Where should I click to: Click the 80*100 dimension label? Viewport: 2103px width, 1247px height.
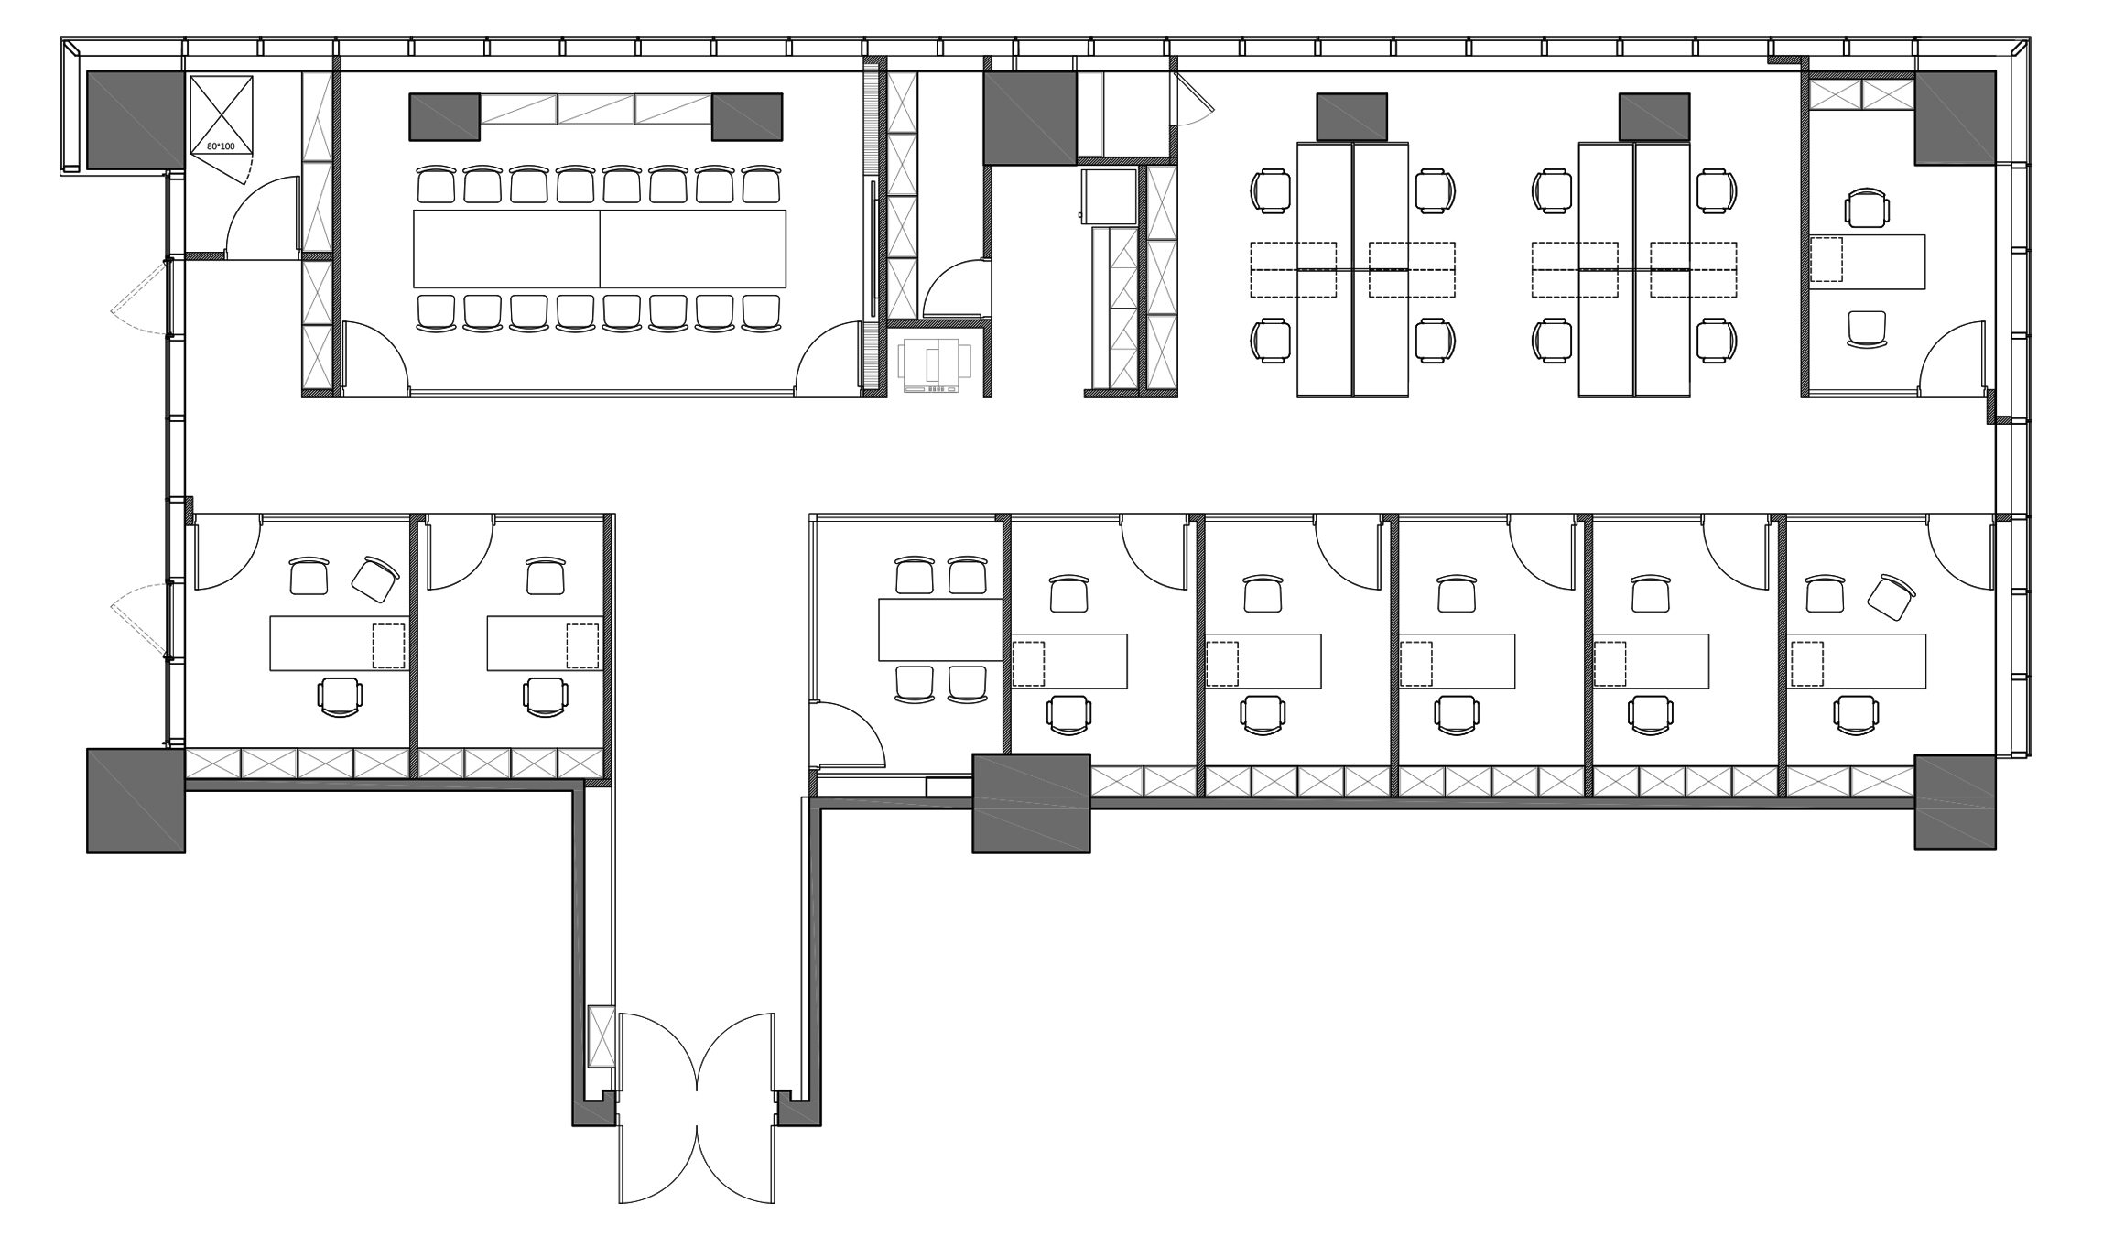pos(221,146)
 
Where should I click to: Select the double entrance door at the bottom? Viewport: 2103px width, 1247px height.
pos(697,1107)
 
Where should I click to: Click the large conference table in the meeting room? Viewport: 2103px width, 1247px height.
pos(600,249)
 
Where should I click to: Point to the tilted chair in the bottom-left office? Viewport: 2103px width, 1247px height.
pos(375,579)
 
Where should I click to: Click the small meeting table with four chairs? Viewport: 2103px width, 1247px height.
pos(940,629)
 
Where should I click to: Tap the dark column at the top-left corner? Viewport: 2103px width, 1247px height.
pos(136,120)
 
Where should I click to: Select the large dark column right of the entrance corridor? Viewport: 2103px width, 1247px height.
pos(1031,803)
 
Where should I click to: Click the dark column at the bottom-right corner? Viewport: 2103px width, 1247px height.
pos(1955,802)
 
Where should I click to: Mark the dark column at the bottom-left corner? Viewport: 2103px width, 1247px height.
pos(136,801)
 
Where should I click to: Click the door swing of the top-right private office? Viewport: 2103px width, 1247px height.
pos(1953,358)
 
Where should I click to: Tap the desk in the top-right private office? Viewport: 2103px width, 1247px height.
pos(1867,262)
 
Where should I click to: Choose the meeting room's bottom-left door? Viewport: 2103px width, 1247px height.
pos(374,358)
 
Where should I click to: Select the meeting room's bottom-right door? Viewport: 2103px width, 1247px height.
pos(829,358)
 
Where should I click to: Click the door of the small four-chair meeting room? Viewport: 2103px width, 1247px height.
pos(848,733)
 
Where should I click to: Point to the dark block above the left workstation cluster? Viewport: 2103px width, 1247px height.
pos(1351,117)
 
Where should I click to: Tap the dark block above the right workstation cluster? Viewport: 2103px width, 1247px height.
pos(1654,117)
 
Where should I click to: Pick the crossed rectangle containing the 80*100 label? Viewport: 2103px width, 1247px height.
pos(221,114)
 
